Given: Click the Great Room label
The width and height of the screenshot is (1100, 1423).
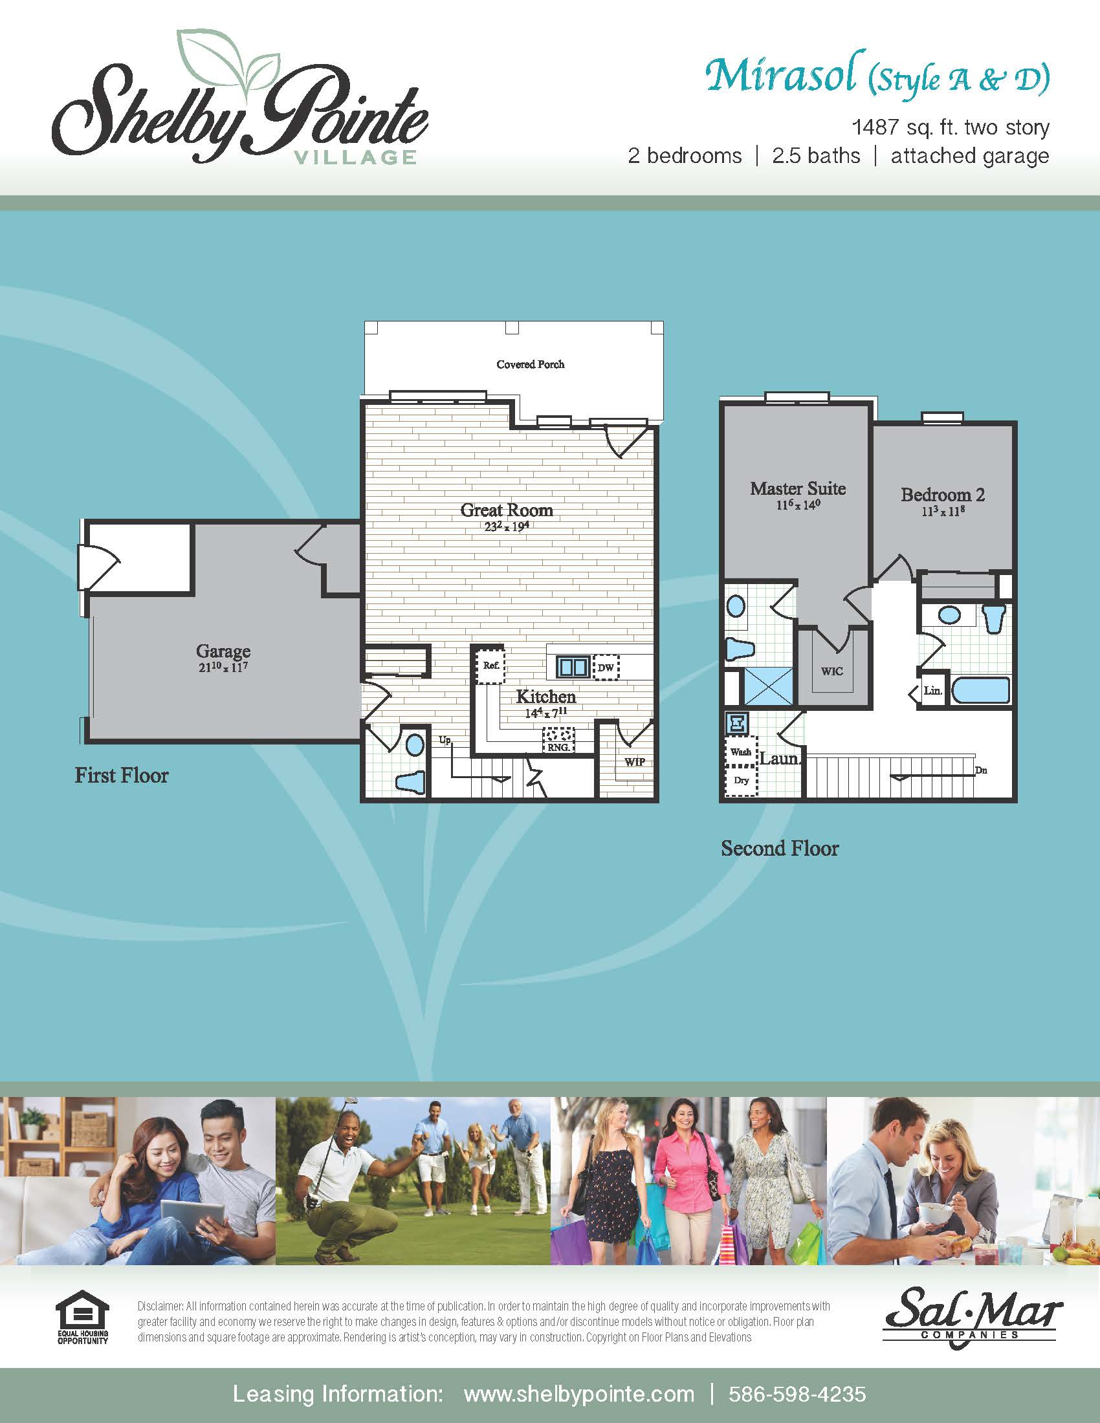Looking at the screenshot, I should pos(507,510).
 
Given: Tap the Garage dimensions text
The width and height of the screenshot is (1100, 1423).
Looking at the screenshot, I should pos(223,668).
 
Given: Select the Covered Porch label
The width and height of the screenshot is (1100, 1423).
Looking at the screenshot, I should pos(530,364).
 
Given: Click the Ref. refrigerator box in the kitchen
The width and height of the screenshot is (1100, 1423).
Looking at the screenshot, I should pos(490,665).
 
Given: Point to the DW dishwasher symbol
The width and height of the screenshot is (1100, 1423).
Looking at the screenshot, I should pos(606,668).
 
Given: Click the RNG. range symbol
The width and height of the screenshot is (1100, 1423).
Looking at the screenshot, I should pos(558,740).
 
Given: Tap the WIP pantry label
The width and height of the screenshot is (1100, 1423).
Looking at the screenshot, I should pos(635,762).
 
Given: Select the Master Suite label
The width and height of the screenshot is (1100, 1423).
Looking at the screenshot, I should pos(798,488).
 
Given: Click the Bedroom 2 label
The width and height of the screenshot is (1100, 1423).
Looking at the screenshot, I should pos(942,495).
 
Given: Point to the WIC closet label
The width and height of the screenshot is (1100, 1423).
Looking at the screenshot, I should pos(831,672).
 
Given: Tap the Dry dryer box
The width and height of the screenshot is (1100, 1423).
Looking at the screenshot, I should pos(741,781).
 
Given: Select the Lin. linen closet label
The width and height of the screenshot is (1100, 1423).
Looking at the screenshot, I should pos(932,691).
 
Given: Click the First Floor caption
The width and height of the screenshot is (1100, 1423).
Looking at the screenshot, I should pos(121,776).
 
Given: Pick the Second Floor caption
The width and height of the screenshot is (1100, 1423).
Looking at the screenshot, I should pos(780,849).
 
